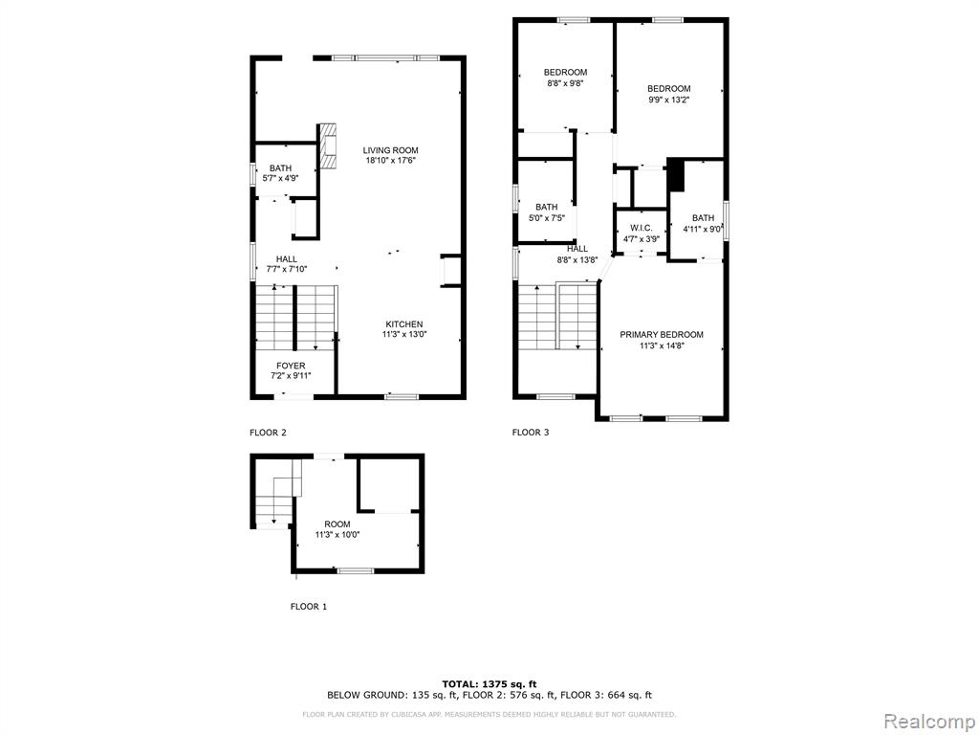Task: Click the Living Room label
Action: point(391,150)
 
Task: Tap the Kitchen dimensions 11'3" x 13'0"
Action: point(404,334)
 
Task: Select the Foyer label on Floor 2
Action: point(291,366)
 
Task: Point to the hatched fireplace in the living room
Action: point(329,145)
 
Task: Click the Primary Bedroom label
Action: point(662,334)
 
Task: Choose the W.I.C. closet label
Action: point(642,228)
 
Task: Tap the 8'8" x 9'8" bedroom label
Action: point(566,78)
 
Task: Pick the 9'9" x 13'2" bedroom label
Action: point(668,94)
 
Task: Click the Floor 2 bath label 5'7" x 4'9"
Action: point(280,173)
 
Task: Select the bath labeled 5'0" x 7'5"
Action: point(546,212)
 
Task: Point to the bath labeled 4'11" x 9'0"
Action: point(703,223)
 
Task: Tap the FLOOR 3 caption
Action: point(531,432)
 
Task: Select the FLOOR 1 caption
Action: point(309,606)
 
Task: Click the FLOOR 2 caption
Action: point(268,432)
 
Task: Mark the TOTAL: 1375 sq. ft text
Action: point(489,683)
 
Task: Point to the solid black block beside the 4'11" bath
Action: point(676,175)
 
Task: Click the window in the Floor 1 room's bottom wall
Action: point(356,570)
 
